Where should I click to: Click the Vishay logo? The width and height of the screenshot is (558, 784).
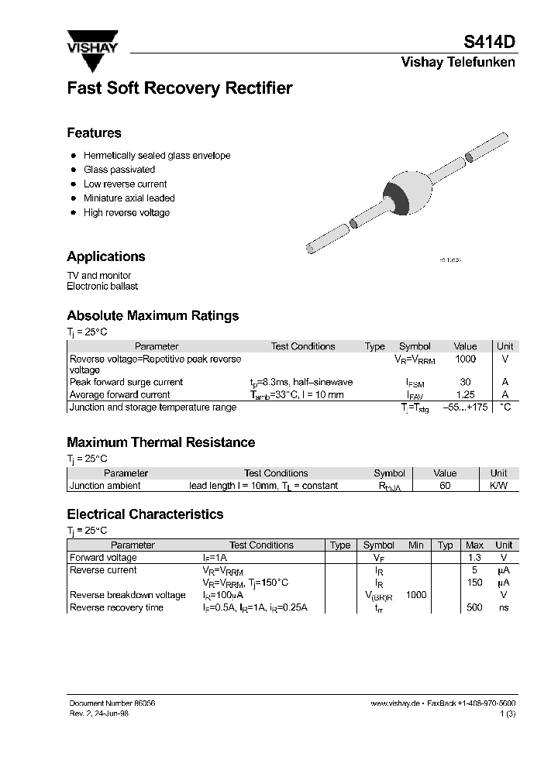point(92,43)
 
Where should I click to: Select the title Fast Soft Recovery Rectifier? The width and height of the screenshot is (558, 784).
point(179,88)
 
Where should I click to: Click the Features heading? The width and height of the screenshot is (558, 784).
point(94,133)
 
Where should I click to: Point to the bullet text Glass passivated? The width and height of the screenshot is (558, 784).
point(119,170)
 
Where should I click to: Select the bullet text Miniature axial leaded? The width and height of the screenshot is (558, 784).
point(129,198)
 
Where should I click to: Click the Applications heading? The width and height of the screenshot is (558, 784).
point(105,256)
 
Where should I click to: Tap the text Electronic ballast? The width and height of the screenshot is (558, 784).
point(102,287)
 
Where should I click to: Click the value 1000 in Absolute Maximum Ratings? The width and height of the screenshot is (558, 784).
point(465,359)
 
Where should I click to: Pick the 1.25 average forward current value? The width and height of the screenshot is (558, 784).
point(465,395)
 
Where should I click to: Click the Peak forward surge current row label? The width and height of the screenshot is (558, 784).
point(126,383)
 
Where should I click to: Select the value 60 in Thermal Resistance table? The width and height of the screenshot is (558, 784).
point(445,486)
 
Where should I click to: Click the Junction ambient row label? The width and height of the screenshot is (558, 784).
point(105,486)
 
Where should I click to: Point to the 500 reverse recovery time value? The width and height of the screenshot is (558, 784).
point(474,608)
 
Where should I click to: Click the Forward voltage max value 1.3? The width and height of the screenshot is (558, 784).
point(474,558)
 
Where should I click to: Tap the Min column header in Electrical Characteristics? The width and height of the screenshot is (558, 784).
point(416,545)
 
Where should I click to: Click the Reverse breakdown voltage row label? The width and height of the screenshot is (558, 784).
point(128,596)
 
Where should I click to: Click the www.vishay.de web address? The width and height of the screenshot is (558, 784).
point(394,703)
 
